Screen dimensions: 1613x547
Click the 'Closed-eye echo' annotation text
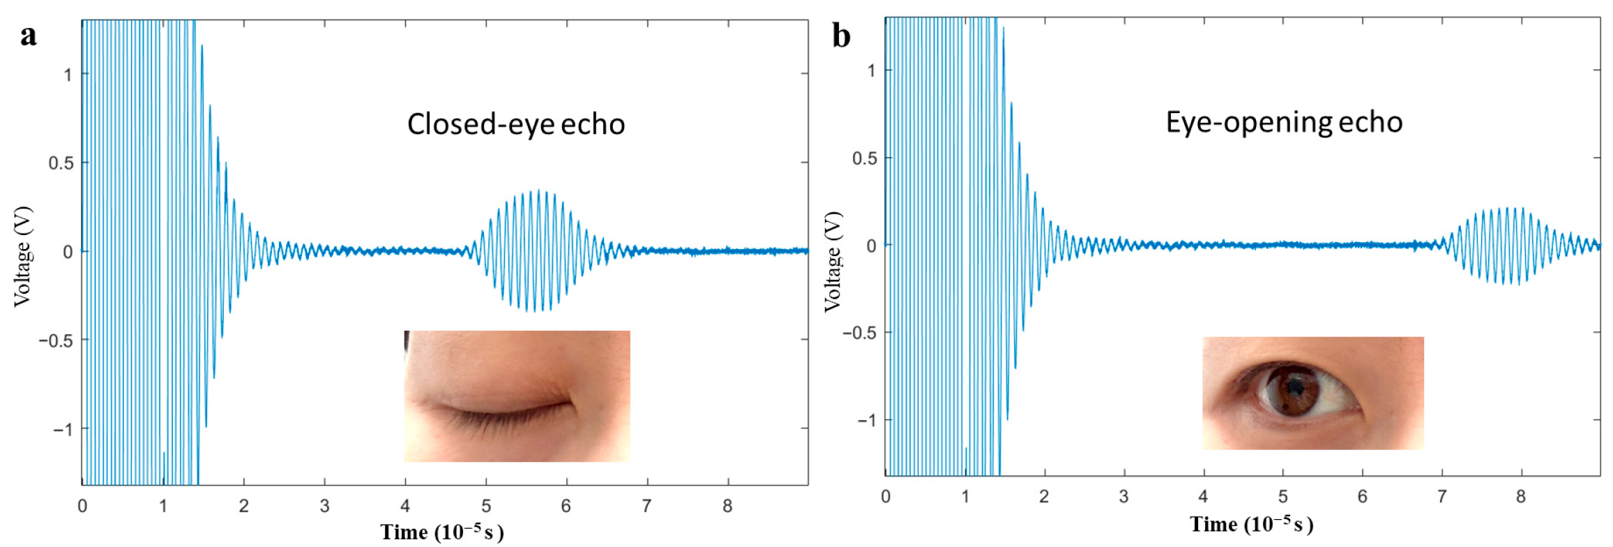516,124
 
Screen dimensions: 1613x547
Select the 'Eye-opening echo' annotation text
1285,123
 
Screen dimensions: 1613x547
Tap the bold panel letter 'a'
28,35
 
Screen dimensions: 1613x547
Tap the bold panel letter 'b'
842,35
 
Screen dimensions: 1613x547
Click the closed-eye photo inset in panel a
517,396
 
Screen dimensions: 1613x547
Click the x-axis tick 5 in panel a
486,506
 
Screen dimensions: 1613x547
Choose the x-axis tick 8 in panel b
1521,497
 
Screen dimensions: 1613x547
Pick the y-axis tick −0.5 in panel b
859,333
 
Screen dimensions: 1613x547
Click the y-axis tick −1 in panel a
63,428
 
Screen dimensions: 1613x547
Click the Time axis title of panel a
442,532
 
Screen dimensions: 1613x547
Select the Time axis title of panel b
1252,524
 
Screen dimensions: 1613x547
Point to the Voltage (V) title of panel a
23,256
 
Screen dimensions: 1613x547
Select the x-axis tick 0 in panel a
82,506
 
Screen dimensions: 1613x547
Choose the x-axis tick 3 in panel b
1123,497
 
